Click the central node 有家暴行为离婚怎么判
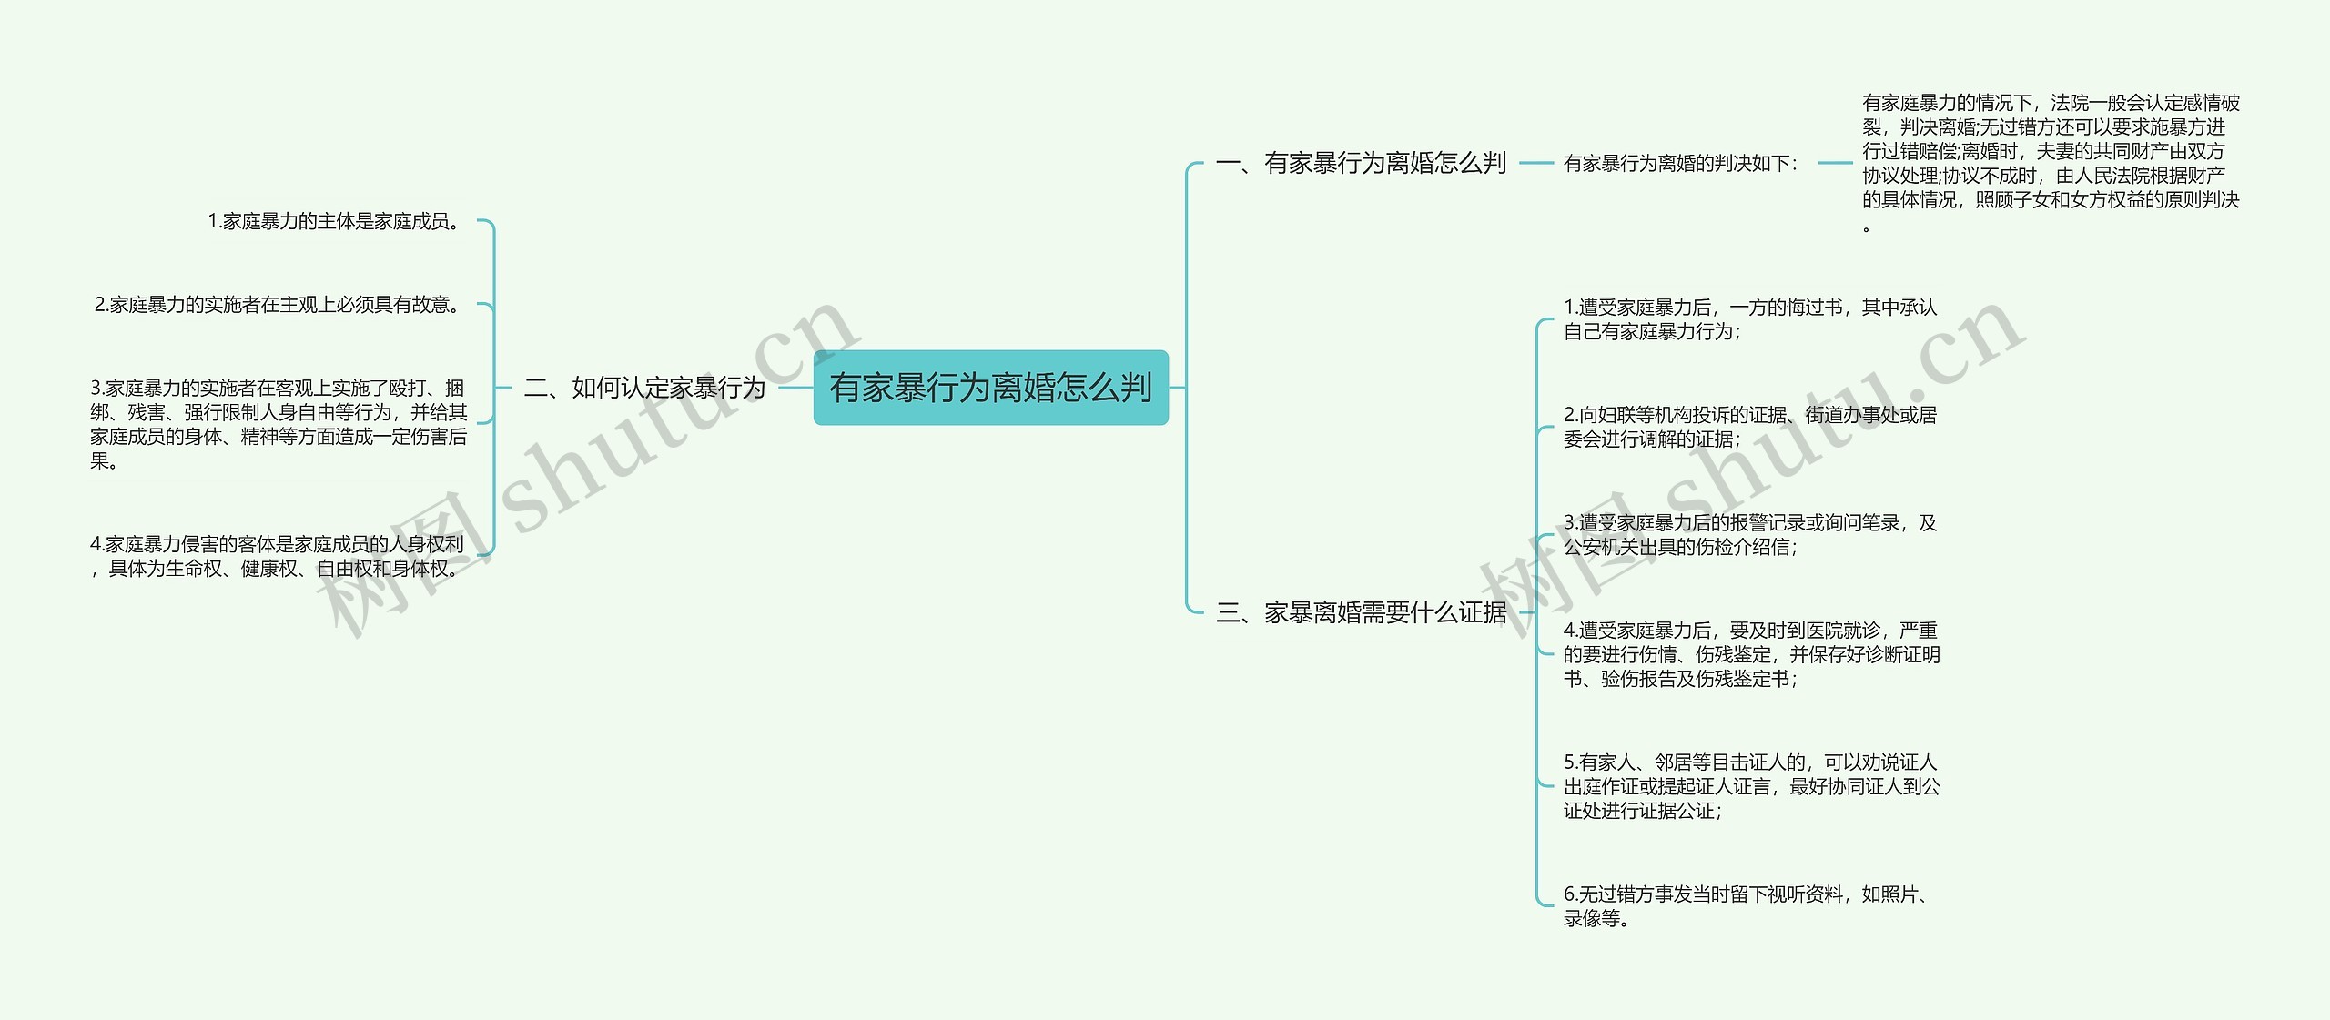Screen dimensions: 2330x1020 tap(990, 388)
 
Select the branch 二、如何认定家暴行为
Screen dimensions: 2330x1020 tap(644, 389)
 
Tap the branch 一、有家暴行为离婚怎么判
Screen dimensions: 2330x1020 tap(1362, 163)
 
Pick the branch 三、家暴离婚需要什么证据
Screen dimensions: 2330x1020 tap(1362, 612)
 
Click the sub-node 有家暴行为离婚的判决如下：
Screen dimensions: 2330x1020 tap(1680, 164)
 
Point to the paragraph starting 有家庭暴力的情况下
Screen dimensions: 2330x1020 tap(2050, 151)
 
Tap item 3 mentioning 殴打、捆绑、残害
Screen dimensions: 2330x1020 tap(279, 424)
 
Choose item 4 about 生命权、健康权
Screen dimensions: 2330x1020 tap(277, 556)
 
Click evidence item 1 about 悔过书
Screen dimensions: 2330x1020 tap(1749, 319)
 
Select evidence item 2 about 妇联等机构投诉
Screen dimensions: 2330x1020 tap(1749, 427)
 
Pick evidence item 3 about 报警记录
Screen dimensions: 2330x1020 tap(1749, 534)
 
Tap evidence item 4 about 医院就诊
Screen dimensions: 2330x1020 tap(1751, 654)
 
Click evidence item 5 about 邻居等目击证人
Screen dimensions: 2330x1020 tap(1751, 786)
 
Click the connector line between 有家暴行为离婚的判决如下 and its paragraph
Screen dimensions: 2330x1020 tap(1835, 164)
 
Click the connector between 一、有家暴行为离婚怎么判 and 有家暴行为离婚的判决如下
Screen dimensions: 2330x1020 tap(1536, 164)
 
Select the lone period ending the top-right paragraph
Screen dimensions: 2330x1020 tap(1867, 228)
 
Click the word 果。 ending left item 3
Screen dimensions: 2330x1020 tap(104, 461)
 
